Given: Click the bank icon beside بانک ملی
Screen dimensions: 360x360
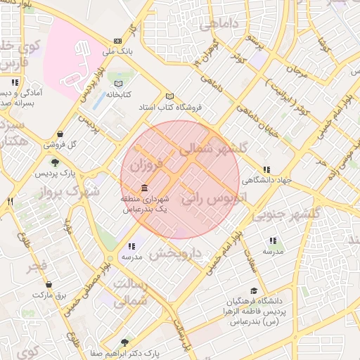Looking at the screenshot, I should (x=117, y=41).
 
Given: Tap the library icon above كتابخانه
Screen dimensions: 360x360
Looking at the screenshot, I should (x=119, y=84).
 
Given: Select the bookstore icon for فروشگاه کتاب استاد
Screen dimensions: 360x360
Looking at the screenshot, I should (x=168, y=96).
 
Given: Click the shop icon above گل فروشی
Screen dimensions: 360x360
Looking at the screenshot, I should (x=60, y=134).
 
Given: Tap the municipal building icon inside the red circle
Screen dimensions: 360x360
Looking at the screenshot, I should (x=144, y=188).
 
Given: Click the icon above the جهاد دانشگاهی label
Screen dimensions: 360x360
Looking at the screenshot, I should (x=266, y=169).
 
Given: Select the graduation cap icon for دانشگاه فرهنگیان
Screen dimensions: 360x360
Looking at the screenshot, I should (x=253, y=291).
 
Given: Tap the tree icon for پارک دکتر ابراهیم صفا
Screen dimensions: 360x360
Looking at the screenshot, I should (x=125, y=342).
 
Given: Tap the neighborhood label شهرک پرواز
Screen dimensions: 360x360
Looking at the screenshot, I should (x=69, y=191).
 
